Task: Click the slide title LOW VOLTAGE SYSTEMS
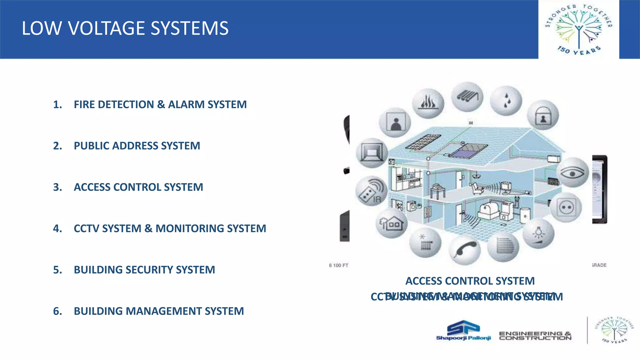coord(125,28)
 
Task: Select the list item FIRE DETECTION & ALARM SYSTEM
coord(160,104)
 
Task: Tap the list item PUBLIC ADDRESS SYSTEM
coord(137,146)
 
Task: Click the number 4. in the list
coord(57,228)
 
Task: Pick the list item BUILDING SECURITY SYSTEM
coord(144,270)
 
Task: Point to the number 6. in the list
coord(57,311)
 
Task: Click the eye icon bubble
coord(572,172)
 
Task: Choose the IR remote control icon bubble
coord(371,191)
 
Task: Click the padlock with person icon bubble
coord(543,115)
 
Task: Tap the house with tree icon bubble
coord(391,223)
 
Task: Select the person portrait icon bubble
coord(395,122)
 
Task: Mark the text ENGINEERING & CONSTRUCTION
coord(535,336)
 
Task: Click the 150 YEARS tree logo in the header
coord(578,29)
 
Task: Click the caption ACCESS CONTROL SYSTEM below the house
coord(470,281)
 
